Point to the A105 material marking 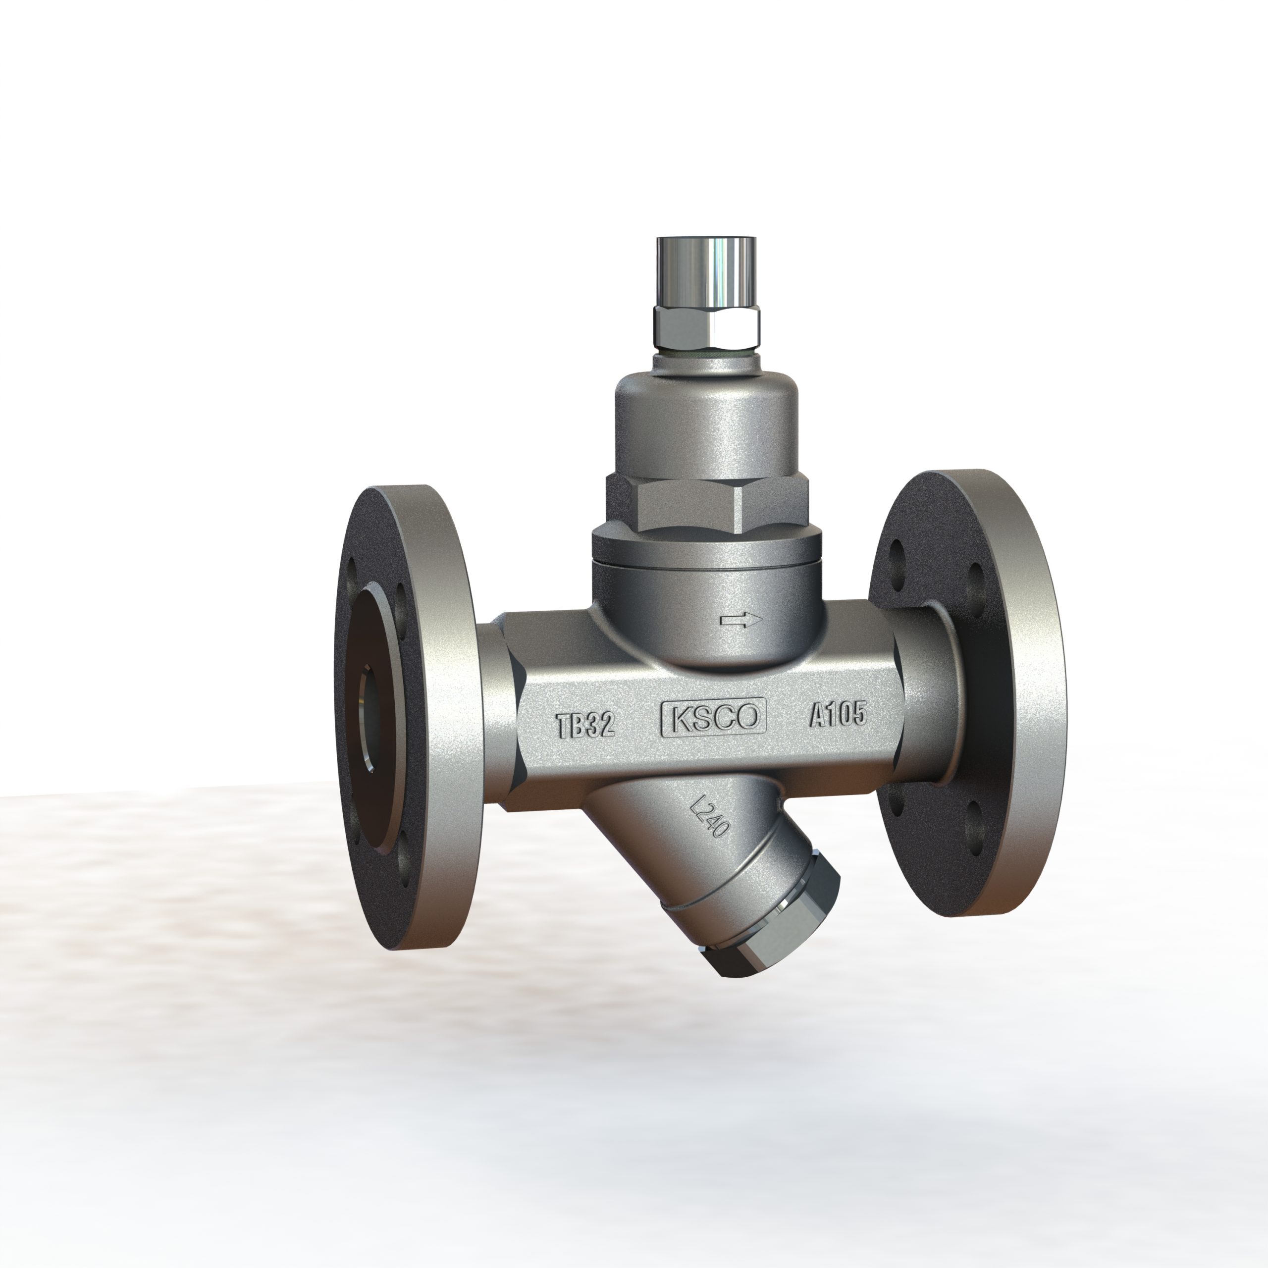pos(838,714)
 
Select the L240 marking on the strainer pos(710,816)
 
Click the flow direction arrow pos(741,620)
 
